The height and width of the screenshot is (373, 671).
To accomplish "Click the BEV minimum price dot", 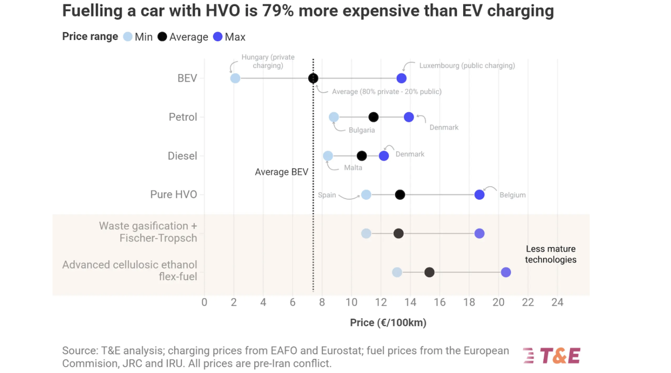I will click(235, 78).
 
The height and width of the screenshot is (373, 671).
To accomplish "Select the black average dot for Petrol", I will click(374, 117).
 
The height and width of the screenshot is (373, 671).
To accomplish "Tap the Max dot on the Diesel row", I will click(384, 156).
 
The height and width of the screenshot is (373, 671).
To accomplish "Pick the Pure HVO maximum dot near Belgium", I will click(480, 195).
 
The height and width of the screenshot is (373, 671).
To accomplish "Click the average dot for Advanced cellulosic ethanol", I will click(429, 272).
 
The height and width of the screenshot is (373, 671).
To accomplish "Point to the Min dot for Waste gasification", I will click(366, 233).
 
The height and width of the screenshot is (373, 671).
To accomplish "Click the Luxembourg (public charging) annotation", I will click(467, 66).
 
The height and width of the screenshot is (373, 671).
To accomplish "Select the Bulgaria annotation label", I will click(361, 130).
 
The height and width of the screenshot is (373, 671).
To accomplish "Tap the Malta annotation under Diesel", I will click(353, 168).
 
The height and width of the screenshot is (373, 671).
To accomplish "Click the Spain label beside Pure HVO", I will click(327, 195).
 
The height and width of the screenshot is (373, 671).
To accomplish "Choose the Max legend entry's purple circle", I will click(218, 37).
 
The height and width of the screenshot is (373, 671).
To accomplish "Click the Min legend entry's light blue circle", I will click(128, 37).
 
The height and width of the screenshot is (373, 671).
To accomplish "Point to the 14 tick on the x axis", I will click(410, 302).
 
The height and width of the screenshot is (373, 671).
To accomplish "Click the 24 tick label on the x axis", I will click(557, 302).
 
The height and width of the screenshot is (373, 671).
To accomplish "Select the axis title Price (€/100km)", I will click(388, 322).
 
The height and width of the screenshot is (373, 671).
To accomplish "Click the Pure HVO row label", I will click(174, 195).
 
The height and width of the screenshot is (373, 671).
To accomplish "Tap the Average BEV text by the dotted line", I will click(281, 172).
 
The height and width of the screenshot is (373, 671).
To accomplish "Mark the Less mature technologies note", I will click(551, 254).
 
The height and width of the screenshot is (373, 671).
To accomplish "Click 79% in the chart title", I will click(278, 11).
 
